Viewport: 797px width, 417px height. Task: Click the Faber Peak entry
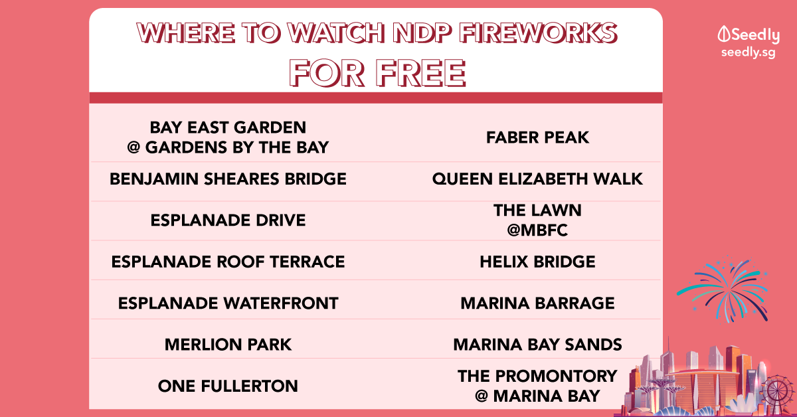coord(537,137)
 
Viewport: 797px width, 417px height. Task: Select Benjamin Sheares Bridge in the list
coord(228,179)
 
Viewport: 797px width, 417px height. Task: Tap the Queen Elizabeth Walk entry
coord(537,179)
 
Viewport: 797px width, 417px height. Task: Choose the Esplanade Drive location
coord(228,220)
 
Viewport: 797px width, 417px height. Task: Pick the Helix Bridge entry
coord(537,262)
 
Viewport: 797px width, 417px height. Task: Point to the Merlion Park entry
coord(228,345)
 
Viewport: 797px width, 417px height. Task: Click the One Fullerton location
coord(228,386)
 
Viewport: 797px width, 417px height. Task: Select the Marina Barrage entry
coord(537,303)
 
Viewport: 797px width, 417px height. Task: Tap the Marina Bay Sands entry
coord(537,345)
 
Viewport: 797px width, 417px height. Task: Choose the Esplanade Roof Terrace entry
coord(228,262)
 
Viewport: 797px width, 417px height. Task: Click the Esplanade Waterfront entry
coord(228,303)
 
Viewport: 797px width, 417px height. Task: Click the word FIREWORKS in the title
coord(538,33)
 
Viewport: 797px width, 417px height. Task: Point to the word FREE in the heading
coord(420,73)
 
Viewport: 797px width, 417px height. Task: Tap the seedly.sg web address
coord(749,52)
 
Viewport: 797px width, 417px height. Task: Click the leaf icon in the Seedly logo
coord(724,34)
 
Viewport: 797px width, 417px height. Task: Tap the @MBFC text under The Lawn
coord(537,230)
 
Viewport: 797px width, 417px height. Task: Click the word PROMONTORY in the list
coord(556,376)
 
